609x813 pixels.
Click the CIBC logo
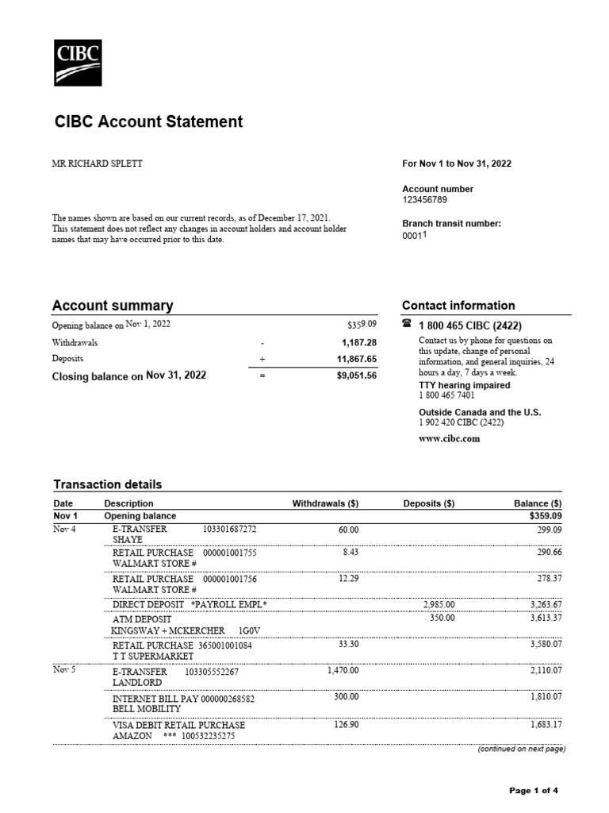click(x=77, y=62)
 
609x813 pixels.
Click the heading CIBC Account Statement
click(x=148, y=122)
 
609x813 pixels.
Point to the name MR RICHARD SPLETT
click(x=98, y=164)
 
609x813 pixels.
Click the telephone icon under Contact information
click(x=408, y=324)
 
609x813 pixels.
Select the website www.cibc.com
click(x=449, y=439)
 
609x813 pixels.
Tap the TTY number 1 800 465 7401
click(x=446, y=395)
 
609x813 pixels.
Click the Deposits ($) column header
click(x=428, y=503)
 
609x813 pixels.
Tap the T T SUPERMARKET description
click(x=153, y=657)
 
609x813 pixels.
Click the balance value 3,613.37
click(x=546, y=618)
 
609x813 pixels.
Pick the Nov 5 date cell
click(x=64, y=671)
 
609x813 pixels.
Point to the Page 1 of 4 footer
click(x=533, y=791)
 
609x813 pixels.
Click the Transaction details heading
click(x=107, y=484)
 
